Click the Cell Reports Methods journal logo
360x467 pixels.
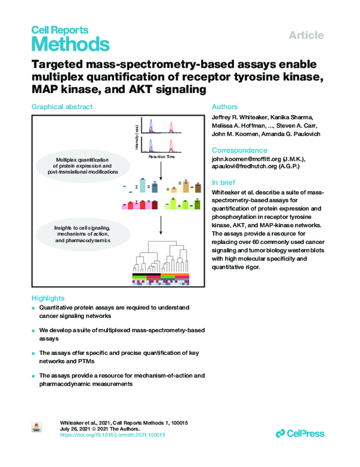coord(70,38)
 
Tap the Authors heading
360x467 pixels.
coord(225,107)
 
